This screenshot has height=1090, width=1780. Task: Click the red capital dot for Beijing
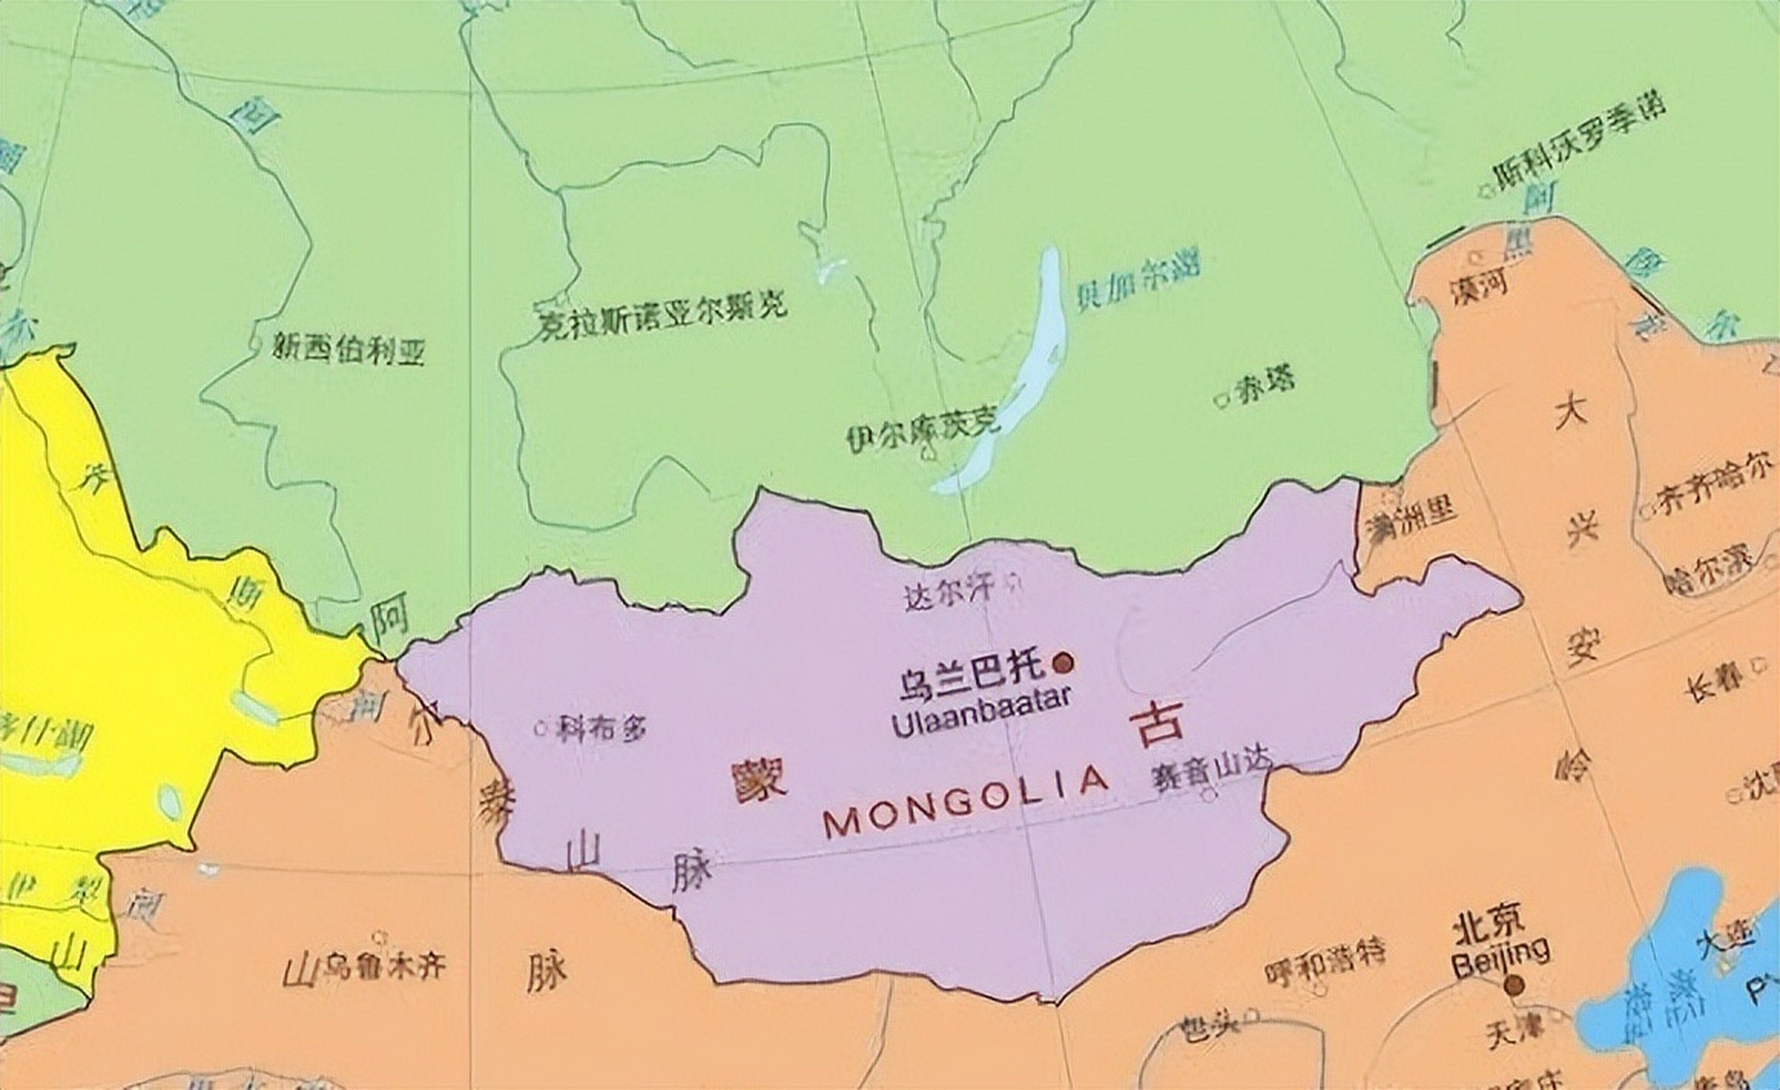click(1514, 986)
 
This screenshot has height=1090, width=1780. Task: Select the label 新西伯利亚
click(348, 349)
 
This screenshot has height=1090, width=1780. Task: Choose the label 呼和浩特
click(1324, 951)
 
